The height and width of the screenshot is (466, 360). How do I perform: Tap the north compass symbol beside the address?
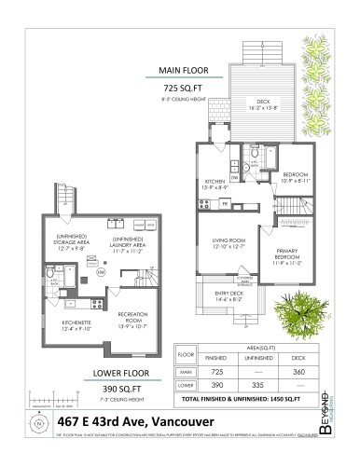pos(40,423)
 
